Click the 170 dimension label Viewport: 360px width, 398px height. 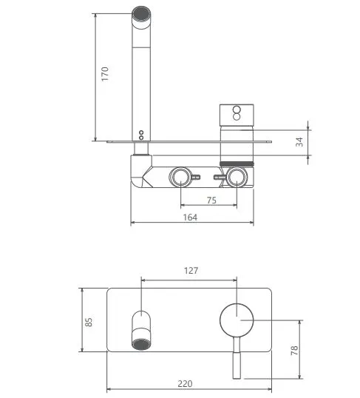click(x=105, y=74)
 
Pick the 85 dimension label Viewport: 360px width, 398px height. click(x=89, y=322)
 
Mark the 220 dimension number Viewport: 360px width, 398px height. click(x=185, y=383)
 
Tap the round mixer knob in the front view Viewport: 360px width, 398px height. click(x=237, y=320)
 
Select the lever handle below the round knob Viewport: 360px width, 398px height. click(x=237, y=355)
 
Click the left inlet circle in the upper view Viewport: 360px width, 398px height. click(x=180, y=177)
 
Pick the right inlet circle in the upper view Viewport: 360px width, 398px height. click(x=237, y=177)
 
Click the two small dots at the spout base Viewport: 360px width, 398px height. click(x=140, y=135)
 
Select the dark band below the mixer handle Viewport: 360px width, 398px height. click(x=237, y=161)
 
